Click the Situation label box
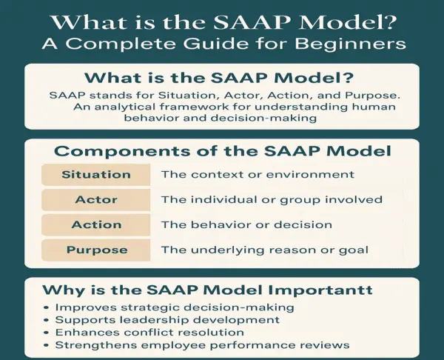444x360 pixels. click(96, 175)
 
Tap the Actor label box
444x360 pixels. click(96, 200)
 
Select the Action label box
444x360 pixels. click(96, 224)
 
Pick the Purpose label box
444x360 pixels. click(96, 250)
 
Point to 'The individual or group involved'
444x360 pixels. click(272, 200)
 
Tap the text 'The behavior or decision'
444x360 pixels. click(246, 224)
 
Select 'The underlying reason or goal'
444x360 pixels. click(264, 250)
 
